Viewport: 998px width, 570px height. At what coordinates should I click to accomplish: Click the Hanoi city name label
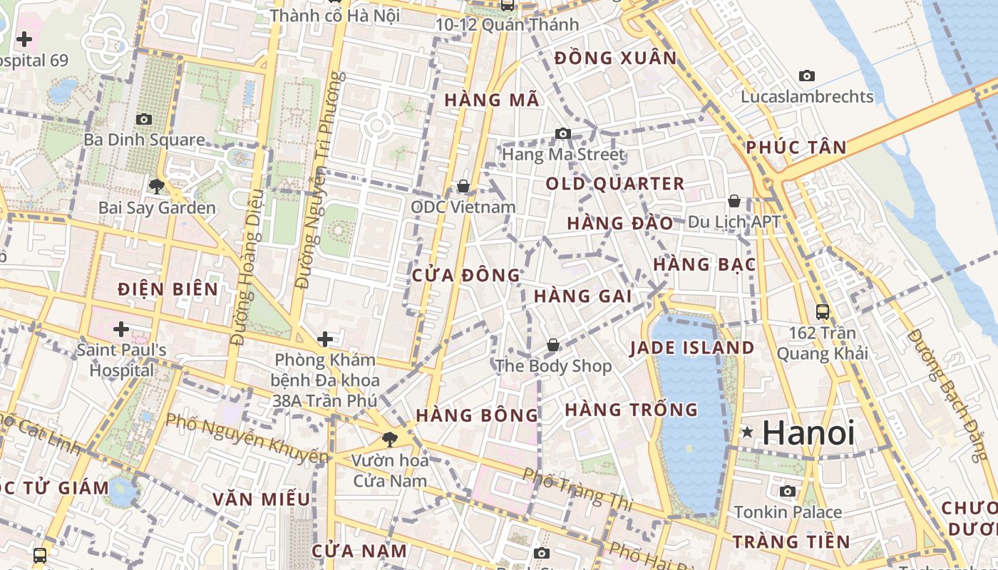click(x=808, y=432)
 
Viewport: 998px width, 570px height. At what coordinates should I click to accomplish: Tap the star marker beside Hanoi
click(x=747, y=432)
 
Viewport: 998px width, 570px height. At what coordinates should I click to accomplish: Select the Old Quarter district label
click(x=614, y=184)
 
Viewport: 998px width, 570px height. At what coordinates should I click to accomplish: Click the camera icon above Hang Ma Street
click(x=563, y=133)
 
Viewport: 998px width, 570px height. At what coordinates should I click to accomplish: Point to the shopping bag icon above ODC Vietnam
click(x=463, y=186)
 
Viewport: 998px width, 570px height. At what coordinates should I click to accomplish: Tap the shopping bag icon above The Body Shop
click(x=552, y=346)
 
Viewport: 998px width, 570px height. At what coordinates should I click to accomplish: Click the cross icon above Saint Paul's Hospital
click(x=121, y=329)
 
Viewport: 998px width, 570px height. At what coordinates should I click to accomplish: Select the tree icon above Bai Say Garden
click(x=157, y=187)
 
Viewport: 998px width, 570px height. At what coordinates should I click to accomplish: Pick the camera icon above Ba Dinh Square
click(x=144, y=119)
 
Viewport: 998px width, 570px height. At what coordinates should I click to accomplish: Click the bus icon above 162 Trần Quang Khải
click(x=823, y=311)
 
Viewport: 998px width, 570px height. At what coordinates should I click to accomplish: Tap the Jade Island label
click(x=691, y=348)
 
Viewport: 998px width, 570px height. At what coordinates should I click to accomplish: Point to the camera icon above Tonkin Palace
click(x=788, y=491)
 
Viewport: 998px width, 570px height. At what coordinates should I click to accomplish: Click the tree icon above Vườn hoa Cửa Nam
click(x=389, y=439)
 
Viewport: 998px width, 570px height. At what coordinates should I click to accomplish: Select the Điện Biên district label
click(x=168, y=289)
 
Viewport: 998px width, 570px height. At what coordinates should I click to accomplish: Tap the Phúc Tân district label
click(x=796, y=147)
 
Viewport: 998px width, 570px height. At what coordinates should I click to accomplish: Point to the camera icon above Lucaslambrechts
click(x=807, y=76)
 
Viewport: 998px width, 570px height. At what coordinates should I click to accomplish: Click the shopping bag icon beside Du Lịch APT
click(x=734, y=201)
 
